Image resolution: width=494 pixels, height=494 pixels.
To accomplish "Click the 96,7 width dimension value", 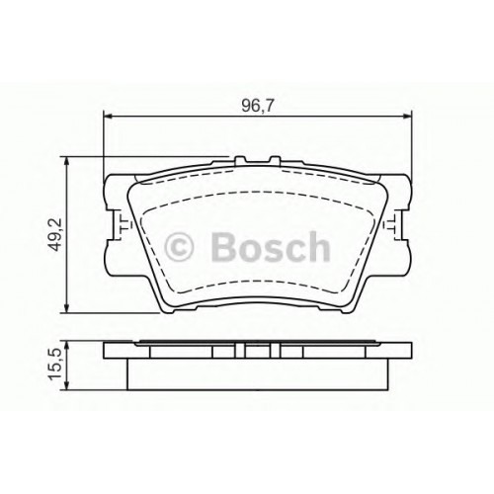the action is tap(258, 105).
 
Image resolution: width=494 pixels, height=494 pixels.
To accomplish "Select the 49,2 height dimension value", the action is tap(55, 234).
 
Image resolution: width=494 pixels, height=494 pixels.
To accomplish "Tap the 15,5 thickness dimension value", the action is tap(55, 365).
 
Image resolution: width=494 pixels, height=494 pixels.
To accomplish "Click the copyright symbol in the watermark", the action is tap(179, 247).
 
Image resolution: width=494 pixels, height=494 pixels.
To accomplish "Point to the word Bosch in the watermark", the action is tap(270, 246).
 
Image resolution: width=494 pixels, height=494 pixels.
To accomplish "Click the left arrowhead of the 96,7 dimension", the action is tap(108, 117).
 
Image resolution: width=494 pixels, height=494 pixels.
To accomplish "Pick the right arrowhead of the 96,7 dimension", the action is tap(407, 117).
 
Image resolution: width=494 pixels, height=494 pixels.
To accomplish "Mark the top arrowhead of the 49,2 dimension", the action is tap(67, 162).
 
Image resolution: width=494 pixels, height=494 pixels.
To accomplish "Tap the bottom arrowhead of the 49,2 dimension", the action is tap(67, 308).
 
